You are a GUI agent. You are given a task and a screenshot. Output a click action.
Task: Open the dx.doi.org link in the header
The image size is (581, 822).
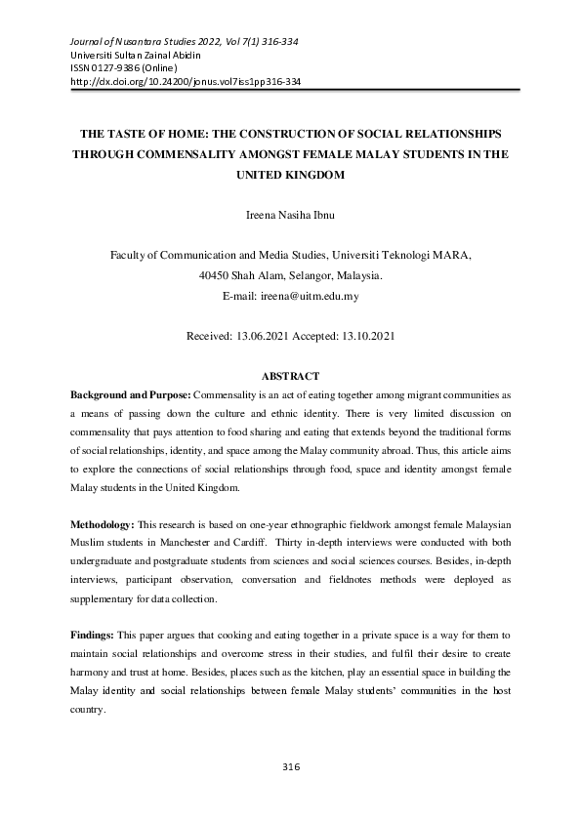[x=187, y=82]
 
